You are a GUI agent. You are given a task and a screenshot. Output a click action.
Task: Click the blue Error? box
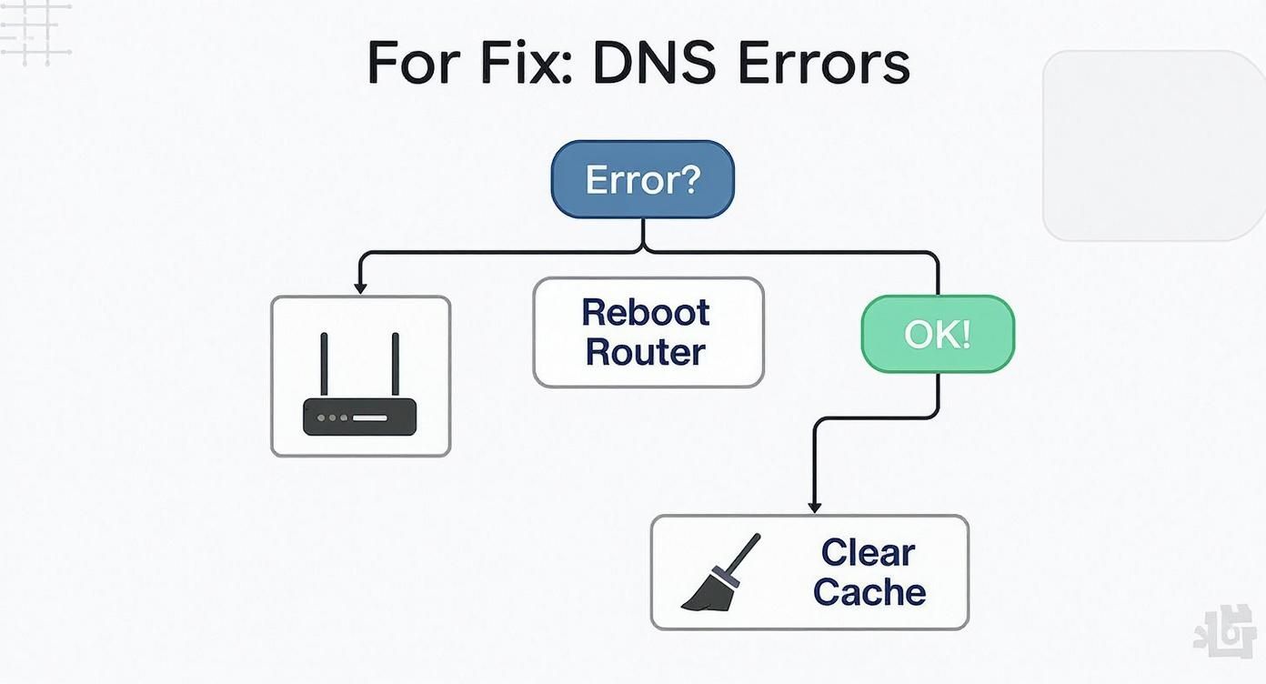click(642, 179)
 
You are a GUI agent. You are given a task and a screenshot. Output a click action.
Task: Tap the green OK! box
click(937, 334)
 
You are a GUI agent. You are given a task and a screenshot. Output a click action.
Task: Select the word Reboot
click(645, 312)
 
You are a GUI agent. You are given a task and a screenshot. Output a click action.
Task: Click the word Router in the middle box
click(645, 352)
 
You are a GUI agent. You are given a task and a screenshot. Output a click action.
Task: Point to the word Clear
click(868, 552)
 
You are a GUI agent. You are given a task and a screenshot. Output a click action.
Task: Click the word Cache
click(869, 592)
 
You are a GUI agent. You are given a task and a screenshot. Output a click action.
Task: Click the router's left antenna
click(324, 364)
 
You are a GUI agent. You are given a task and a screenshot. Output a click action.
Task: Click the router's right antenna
click(396, 364)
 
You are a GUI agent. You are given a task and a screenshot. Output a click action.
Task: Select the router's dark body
click(359, 417)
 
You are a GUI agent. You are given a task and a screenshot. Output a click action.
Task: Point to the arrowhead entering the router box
click(360, 287)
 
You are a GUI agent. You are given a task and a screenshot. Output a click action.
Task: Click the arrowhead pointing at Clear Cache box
click(815, 507)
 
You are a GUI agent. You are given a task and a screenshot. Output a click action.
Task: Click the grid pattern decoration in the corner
click(35, 32)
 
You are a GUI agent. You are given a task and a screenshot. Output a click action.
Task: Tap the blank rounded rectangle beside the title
click(1153, 146)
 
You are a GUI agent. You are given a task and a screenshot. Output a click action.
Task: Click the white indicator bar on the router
click(369, 417)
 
